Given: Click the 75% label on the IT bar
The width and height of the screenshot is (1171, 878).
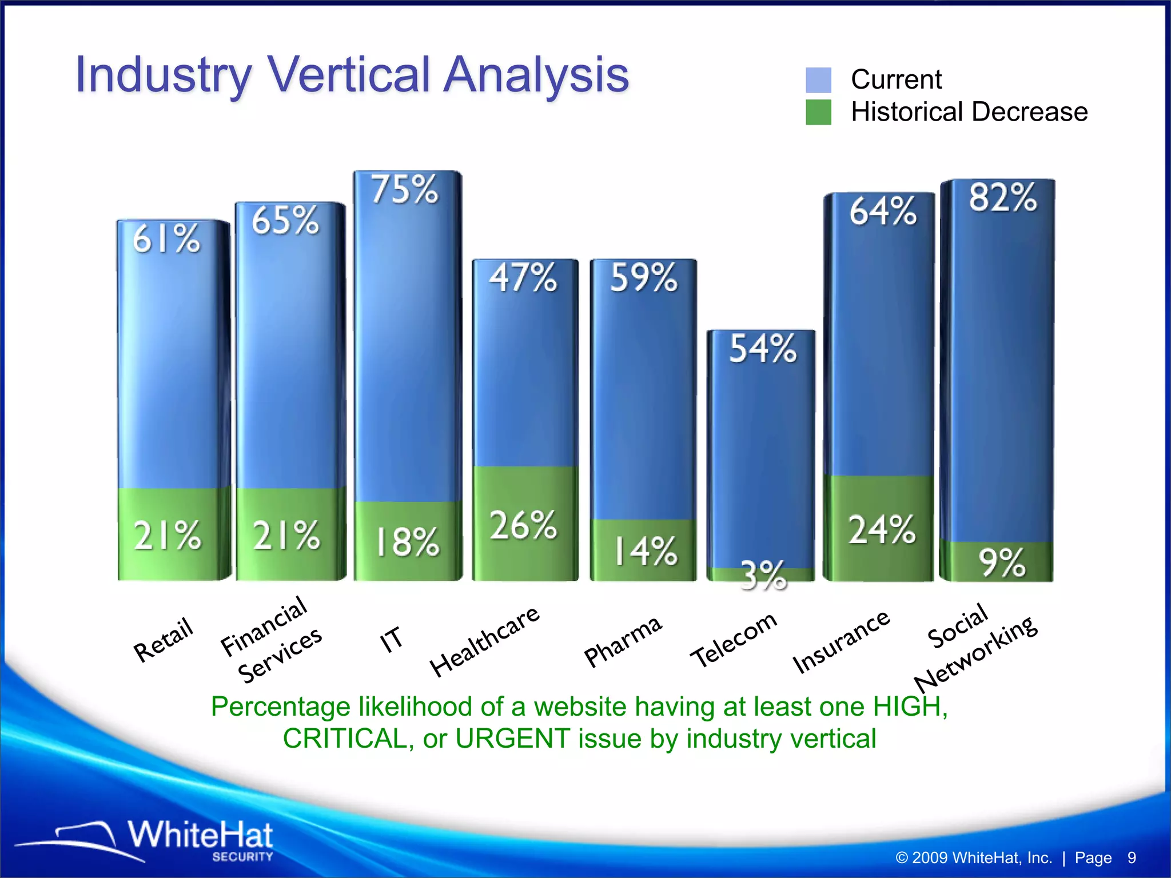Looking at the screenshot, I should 405,190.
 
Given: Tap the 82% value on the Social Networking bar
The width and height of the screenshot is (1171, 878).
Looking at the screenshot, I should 1002,198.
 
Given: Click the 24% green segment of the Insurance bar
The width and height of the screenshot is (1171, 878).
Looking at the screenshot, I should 881,529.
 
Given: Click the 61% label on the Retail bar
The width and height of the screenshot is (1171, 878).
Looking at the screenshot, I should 167,239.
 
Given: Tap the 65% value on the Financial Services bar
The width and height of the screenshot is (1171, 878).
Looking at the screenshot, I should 285,221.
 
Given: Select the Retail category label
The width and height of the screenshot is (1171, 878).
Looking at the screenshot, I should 164,640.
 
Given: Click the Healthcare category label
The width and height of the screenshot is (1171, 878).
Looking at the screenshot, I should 484,641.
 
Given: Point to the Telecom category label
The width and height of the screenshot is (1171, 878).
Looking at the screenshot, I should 734,640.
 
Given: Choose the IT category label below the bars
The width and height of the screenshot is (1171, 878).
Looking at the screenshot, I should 392,639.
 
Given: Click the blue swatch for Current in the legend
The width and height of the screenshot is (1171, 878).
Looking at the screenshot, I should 818,80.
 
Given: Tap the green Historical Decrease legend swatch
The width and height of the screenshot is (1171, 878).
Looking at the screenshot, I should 818,112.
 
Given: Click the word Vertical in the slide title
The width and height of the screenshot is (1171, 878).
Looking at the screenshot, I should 349,75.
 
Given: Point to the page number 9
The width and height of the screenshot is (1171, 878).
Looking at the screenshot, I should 1131,858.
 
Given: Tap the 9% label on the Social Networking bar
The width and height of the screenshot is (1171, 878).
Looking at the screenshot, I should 1002,562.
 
